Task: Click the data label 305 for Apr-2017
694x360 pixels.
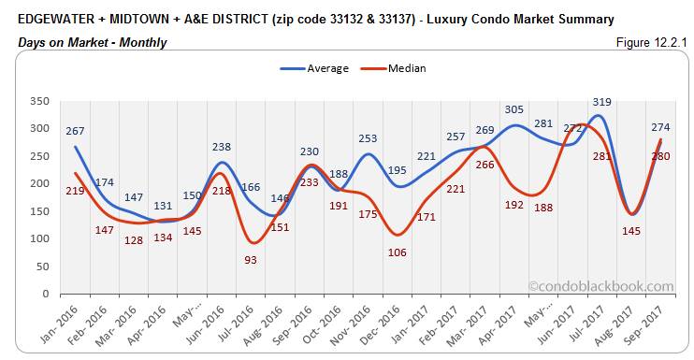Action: [515, 109]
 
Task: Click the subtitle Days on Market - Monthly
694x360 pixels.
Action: [93, 42]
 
